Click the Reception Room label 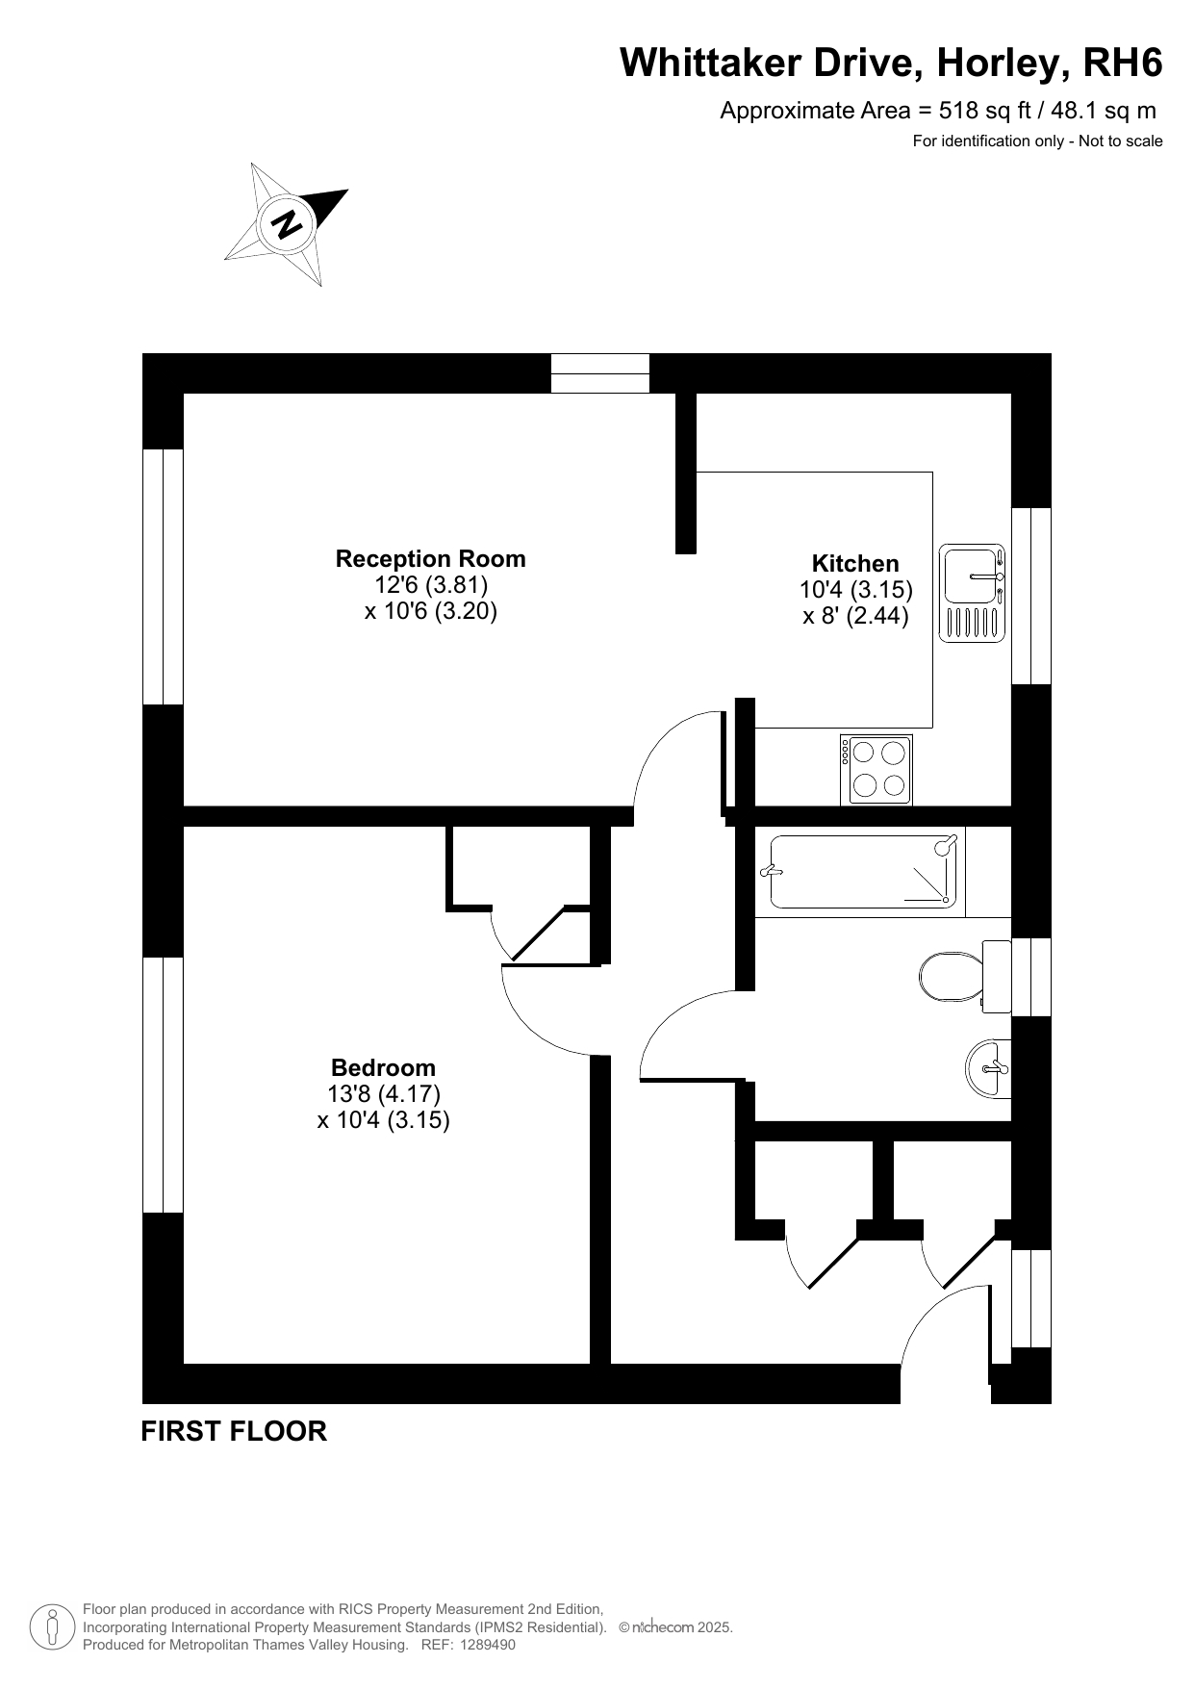430,558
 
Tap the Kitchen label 855,563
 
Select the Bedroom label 383,1067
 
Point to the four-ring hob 876,770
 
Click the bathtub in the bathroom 866,872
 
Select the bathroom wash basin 988,1068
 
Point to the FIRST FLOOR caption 234,1431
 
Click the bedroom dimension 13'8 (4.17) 384,1093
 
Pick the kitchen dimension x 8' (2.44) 855,615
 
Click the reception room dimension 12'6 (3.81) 431,584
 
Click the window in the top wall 600,373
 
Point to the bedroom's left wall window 163,1085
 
